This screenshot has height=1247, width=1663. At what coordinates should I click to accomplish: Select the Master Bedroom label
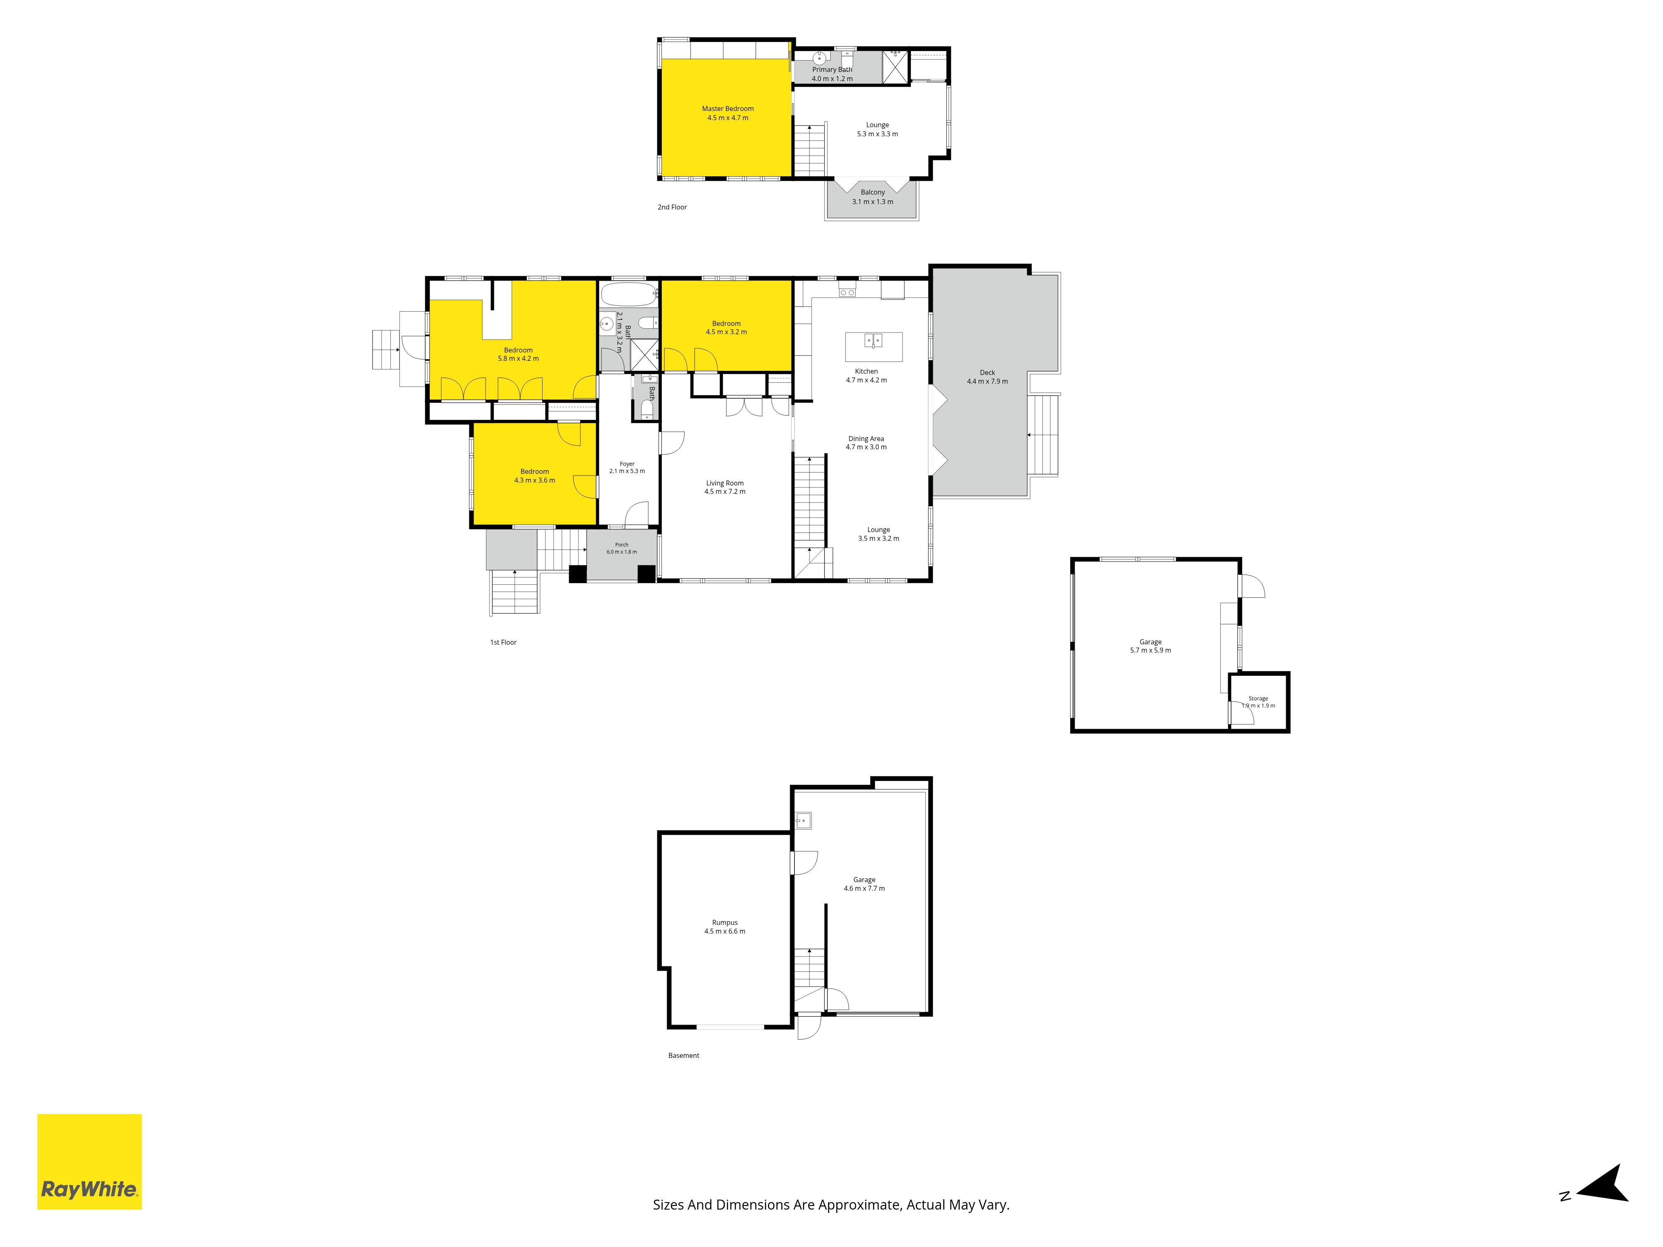[x=728, y=109]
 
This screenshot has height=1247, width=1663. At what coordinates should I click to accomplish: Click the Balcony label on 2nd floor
[x=873, y=192]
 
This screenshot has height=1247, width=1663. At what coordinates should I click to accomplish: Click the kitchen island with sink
[x=873, y=347]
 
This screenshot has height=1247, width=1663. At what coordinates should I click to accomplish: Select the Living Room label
[x=725, y=483]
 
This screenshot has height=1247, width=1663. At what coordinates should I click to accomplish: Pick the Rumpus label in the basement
[x=725, y=922]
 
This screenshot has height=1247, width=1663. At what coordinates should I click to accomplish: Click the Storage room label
[x=1258, y=698]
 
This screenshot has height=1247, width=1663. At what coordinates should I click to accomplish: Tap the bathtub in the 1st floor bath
[x=629, y=294]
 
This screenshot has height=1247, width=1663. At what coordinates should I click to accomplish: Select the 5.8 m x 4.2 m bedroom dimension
[x=518, y=359]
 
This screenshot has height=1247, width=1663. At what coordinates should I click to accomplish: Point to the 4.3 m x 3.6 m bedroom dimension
[x=535, y=481]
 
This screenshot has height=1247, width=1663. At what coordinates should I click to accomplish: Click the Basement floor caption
[x=683, y=1055]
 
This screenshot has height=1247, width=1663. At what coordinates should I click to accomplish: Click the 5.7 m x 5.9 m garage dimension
[x=1150, y=650]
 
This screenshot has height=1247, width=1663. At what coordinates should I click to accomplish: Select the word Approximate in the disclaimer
[x=859, y=1205]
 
